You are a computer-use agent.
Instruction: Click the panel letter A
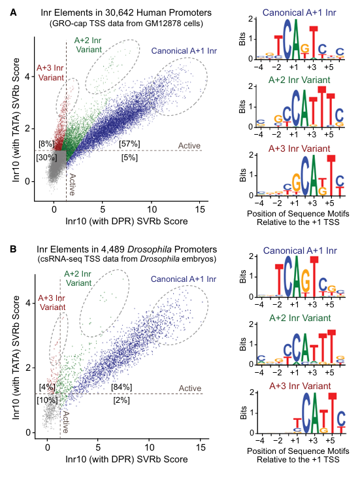[13, 12]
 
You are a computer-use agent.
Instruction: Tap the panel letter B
[13, 249]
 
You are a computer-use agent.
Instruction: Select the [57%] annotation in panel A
[129, 144]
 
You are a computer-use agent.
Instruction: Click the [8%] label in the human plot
[46, 144]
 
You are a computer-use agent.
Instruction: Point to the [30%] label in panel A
[46, 158]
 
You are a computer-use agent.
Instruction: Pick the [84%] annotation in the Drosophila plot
[122, 387]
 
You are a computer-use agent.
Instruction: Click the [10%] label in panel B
[47, 400]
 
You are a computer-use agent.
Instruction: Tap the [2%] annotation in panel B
[122, 400]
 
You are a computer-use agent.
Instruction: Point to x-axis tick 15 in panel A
[200, 210]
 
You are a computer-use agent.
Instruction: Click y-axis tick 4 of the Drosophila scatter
[28, 303]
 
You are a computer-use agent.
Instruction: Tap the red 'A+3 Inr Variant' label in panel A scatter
[51, 73]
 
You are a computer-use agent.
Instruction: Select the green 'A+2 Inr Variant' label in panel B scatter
[78, 278]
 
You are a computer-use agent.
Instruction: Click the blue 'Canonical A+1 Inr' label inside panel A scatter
[184, 51]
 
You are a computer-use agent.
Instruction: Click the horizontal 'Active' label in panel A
[189, 145]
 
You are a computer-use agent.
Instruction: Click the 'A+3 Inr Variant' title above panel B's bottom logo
[300, 386]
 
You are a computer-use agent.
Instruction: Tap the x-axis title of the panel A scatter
[126, 221]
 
